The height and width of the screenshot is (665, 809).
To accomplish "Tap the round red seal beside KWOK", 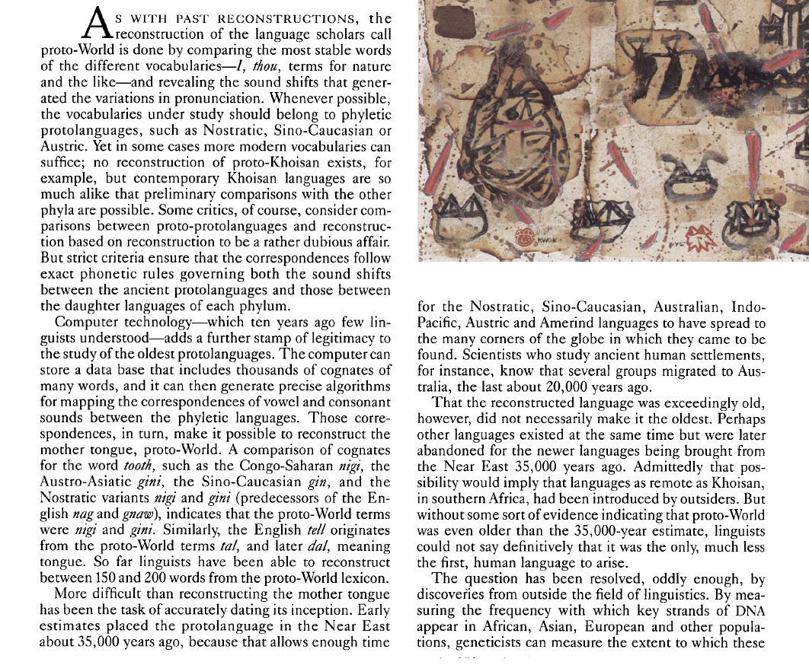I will [x=525, y=237].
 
